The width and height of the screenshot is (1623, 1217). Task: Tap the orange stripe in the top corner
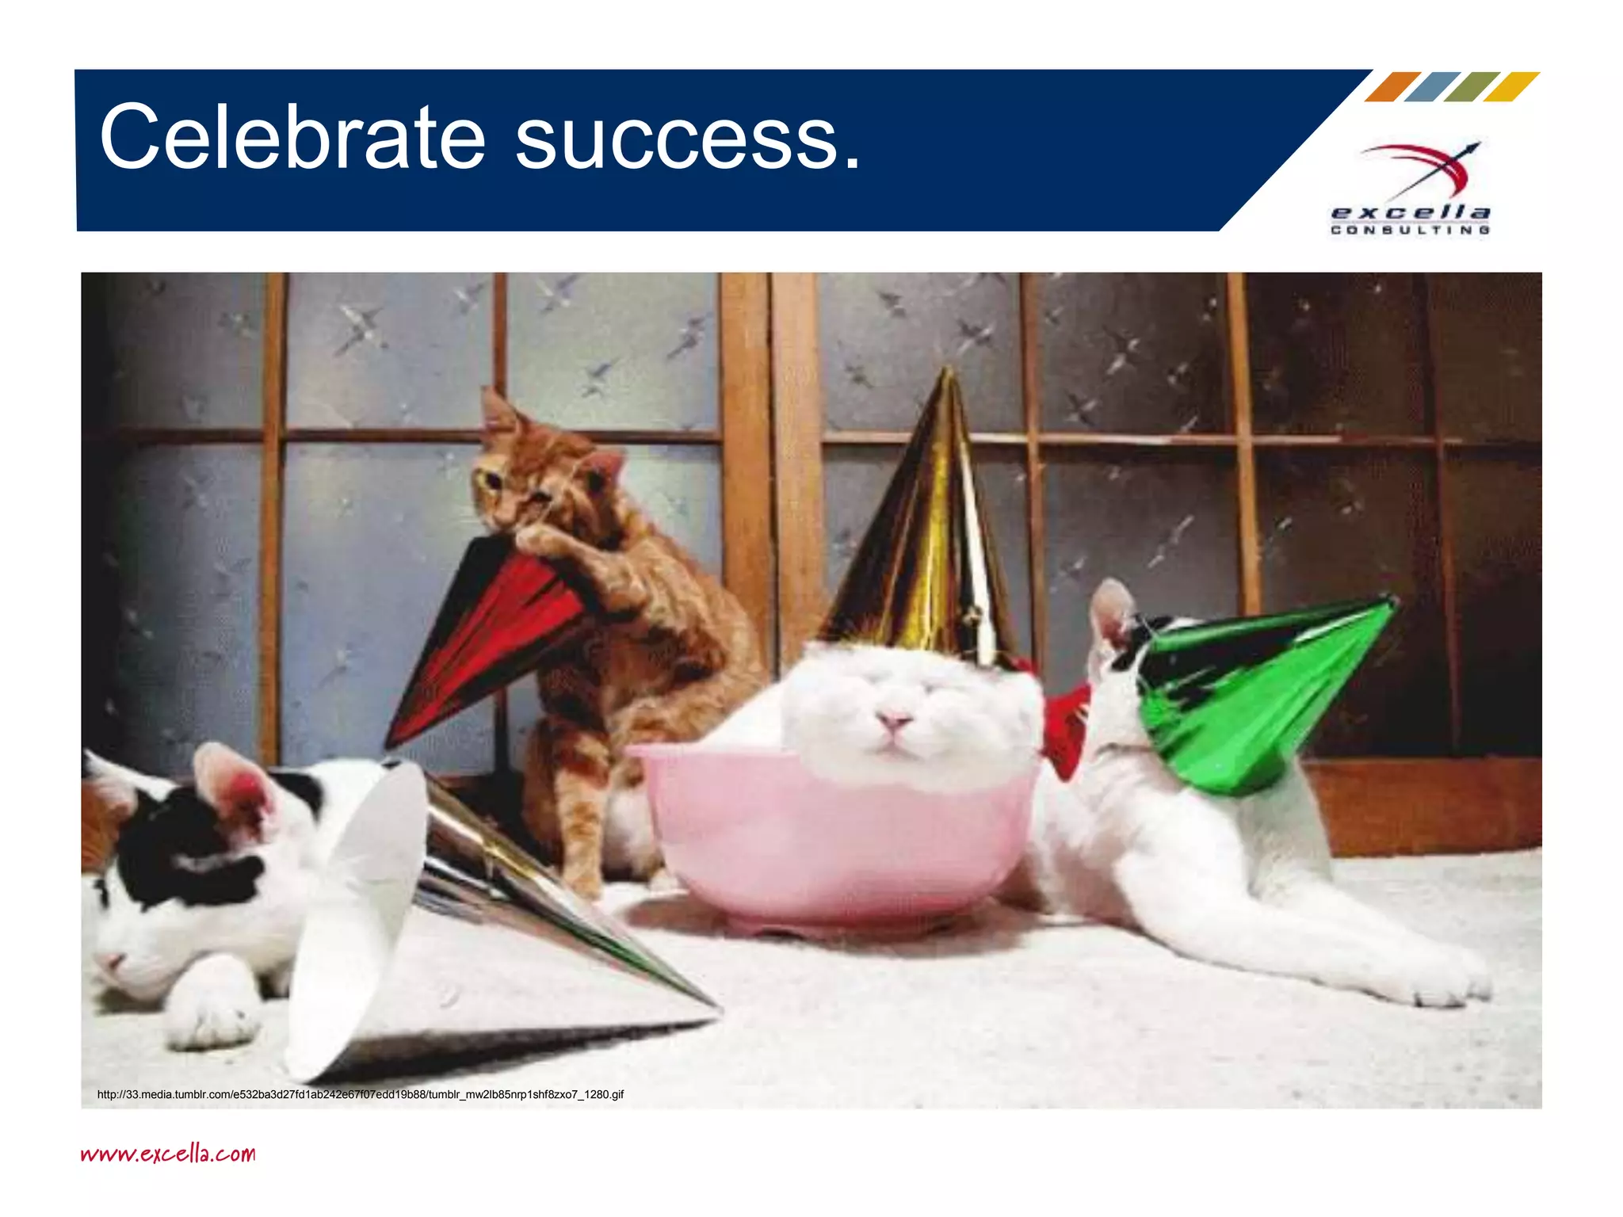[x=1392, y=86]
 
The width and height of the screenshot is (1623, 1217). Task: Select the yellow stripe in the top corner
[x=1511, y=86]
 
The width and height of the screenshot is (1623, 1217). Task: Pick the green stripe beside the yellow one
[x=1472, y=86]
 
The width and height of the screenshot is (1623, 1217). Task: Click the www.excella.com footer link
[x=168, y=1153]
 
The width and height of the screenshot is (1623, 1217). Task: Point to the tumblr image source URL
[x=361, y=1094]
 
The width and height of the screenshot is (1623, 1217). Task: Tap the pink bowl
[x=832, y=840]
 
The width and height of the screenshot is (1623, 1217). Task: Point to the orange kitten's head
[x=539, y=475]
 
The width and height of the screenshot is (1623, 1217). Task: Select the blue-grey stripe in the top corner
[x=1432, y=86]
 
